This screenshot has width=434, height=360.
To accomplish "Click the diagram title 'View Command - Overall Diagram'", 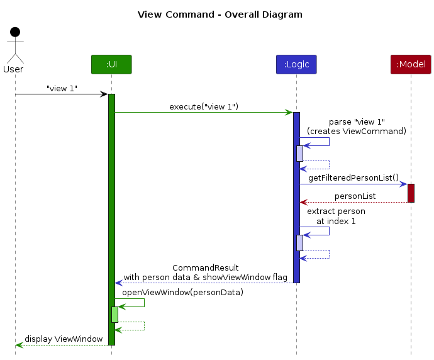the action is (x=220, y=14).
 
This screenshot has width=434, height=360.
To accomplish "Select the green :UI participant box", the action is (x=111, y=65).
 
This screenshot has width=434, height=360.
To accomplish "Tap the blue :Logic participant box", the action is (x=296, y=65).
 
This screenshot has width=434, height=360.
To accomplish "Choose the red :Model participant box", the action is (x=411, y=65).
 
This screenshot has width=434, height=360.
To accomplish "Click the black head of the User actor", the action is (x=15, y=32).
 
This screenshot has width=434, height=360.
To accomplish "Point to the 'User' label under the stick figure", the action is (x=13, y=69).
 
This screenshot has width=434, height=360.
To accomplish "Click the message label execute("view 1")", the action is (x=204, y=106).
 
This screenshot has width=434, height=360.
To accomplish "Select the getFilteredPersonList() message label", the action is (x=353, y=177).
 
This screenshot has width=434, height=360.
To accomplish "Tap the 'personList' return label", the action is (x=355, y=196).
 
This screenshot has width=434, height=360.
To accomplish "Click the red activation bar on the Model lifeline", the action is (x=411, y=193).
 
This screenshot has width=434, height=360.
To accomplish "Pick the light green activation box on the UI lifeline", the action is (x=115, y=315).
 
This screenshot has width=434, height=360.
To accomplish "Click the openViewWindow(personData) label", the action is (x=182, y=293).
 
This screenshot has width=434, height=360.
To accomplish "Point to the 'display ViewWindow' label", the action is (x=64, y=339).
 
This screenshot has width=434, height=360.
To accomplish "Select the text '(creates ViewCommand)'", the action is (x=357, y=131).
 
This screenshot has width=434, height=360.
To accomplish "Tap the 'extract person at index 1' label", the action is (x=336, y=217).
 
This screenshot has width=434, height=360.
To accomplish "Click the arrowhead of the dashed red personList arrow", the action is (x=303, y=203).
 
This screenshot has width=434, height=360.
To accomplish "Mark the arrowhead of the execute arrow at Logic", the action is (x=289, y=113).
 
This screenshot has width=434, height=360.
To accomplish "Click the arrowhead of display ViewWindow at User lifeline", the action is (x=19, y=345).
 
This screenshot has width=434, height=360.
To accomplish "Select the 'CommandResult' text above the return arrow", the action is (x=206, y=267).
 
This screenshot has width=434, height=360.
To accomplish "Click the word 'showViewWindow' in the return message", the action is (x=236, y=277).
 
